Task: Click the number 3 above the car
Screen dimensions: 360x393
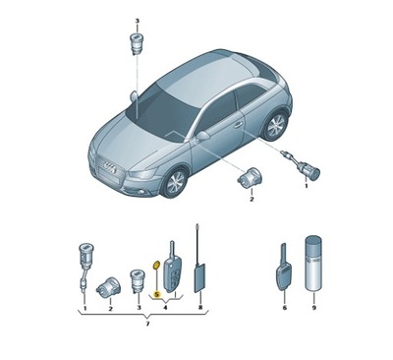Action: (138, 22)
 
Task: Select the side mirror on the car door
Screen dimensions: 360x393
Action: (202, 135)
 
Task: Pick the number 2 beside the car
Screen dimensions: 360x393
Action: (251, 200)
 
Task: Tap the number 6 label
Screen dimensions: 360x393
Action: (283, 308)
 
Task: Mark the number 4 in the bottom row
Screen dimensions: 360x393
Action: (165, 308)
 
